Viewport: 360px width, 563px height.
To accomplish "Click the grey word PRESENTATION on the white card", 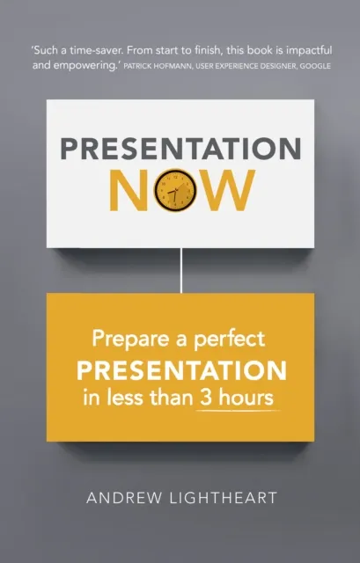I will click(180, 149).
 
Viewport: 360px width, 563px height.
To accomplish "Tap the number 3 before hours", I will click(224, 397).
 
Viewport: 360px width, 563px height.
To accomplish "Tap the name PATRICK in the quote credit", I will click(143, 67).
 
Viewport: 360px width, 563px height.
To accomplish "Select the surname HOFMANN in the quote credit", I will click(183, 67).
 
